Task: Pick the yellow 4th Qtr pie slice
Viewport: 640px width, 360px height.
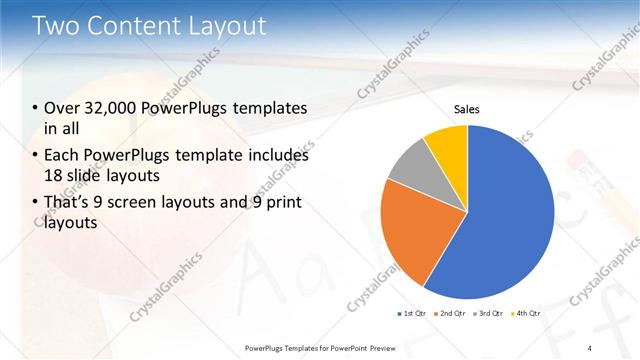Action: pyautogui.click(x=446, y=145)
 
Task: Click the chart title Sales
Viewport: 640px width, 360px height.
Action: pyautogui.click(x=467, y=109)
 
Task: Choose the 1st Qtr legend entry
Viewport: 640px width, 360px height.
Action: pyautogui.click(x=412, y=314)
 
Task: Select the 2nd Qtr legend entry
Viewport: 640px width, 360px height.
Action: pyautogui.click(x=451, y=314)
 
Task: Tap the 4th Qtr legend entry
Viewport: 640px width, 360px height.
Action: pyautogui.click(x=526, y=314)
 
